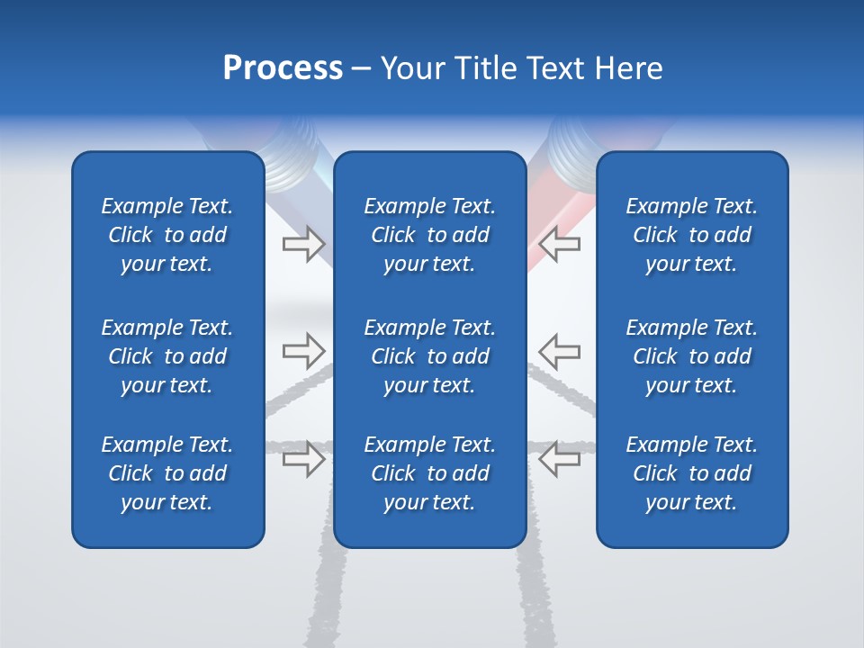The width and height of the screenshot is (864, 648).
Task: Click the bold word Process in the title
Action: point(283,67)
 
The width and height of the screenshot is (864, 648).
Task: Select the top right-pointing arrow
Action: point(304,244)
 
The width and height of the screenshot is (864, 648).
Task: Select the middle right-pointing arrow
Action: point(304,351)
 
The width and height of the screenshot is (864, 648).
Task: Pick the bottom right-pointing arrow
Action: point(304,458)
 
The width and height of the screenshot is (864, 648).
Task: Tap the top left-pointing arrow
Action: point(559,244)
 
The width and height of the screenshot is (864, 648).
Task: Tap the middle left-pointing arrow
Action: point(559,351)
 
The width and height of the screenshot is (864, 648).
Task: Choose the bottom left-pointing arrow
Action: point(559,458)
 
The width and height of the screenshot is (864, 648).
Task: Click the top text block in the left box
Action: point(167,235)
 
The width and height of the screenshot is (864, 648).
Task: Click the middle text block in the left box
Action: point(167,356)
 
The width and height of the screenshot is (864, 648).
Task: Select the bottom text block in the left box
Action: point(167,473)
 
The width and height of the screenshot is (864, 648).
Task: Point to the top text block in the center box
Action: point(430,235)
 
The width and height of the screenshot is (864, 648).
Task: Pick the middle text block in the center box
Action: point(430,356)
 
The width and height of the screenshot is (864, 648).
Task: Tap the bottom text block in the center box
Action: point(430,473)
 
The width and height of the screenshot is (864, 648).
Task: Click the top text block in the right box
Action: point(692,235)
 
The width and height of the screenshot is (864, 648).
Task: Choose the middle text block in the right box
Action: point(692,356)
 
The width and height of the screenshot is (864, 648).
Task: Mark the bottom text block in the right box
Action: point(692,473)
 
